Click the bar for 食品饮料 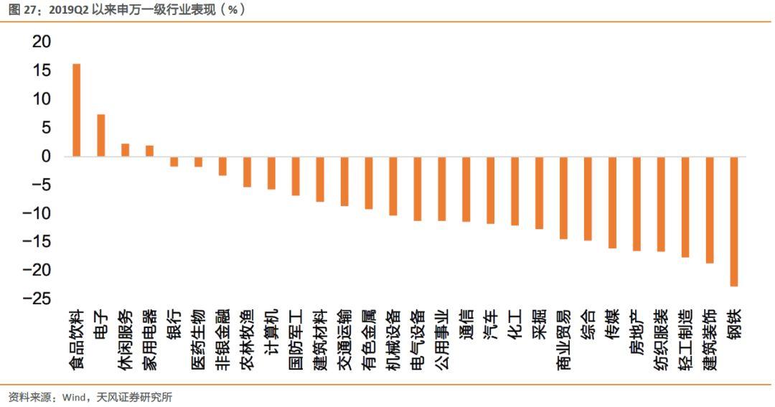point(77,110)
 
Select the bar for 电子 point(101,135)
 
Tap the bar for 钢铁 point(734,221)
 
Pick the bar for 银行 point(174,162)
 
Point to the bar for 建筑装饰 point(710,210)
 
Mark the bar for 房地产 point(637,203)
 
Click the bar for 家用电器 point(149,151)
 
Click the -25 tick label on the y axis point(37,298)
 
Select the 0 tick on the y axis point(47,156)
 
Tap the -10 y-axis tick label point(37,213)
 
